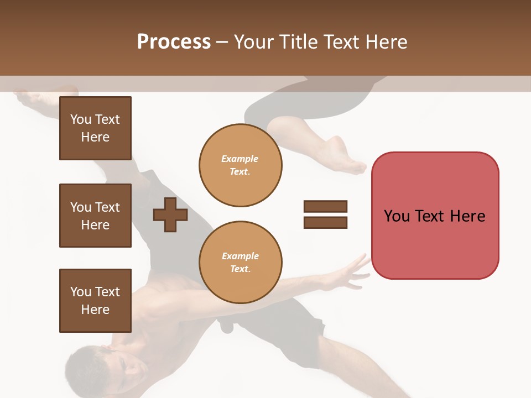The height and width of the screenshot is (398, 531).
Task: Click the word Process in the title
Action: [174, 42]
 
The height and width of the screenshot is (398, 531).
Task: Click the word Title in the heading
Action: [296, 42]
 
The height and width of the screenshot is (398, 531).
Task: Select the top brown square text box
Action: [95, 128]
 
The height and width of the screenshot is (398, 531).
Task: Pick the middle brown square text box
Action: [95, 216]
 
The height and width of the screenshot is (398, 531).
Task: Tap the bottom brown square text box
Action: [95, 301]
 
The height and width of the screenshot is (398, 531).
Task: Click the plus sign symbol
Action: [170, 216]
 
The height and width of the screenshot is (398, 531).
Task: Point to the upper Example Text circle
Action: [240, 165]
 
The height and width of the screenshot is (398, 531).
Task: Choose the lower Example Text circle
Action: [240, 262]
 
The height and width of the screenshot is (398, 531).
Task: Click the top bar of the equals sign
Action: [325, 207]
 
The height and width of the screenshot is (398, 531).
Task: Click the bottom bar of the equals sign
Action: [325, 223]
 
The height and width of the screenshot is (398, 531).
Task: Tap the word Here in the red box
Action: [467, 216]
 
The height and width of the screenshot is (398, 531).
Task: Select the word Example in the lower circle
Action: [240, 256]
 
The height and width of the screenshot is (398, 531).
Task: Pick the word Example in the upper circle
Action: [240, 159]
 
